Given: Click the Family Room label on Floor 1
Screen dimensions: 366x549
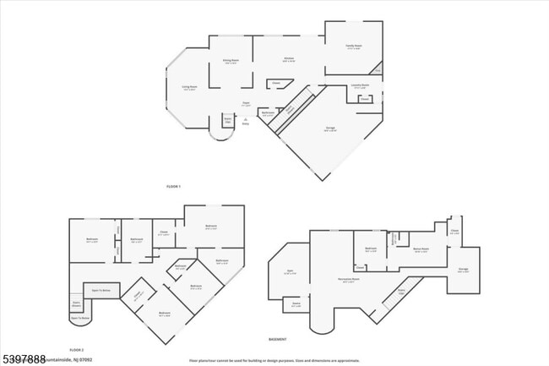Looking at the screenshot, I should pos(353,46).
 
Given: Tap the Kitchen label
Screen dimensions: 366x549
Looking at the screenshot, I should pos(288,60).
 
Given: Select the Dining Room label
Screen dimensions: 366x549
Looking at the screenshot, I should pos(230,62).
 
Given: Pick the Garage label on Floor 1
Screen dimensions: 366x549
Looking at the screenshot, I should pos(331,128).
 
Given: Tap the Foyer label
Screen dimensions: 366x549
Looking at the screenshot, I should pos(247,103).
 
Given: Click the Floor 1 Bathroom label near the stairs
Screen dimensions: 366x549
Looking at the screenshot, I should pos(268,113).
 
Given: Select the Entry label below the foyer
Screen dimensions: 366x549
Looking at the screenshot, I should pos(245,121).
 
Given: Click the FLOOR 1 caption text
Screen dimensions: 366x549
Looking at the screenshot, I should pos(174,184).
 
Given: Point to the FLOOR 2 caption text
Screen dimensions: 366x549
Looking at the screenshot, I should pos(78,349).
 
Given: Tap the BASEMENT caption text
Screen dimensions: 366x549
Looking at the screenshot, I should pos(277,339).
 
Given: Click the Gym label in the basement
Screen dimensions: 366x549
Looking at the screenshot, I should pos(289,272).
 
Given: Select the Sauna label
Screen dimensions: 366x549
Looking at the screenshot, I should pos(296,303).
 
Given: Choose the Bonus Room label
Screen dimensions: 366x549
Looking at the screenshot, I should pos(421,249).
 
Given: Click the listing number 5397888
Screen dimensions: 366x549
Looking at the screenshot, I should pos(24,358).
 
